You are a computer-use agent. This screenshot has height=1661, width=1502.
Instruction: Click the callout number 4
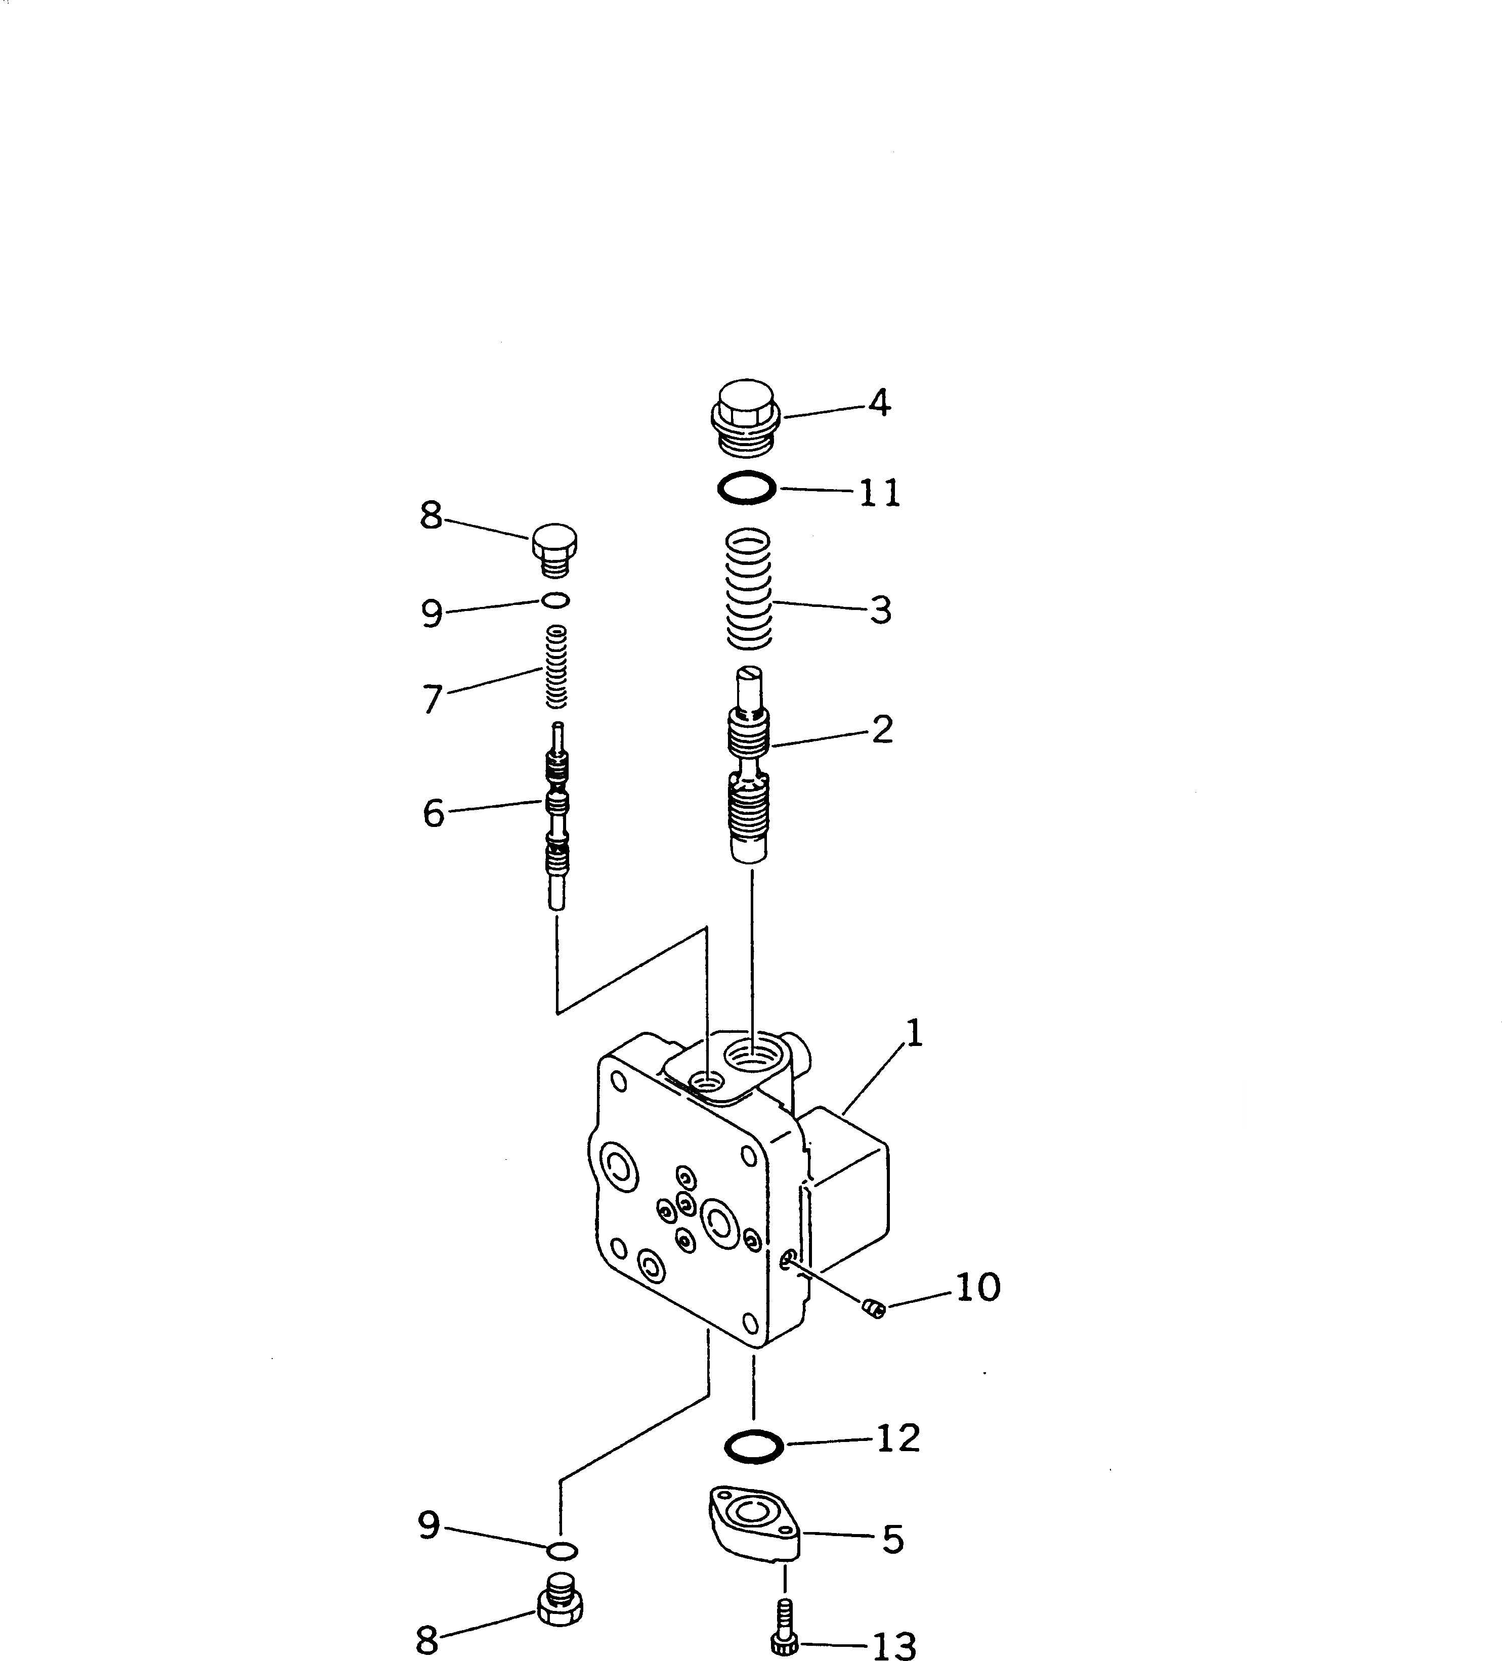pyautogui.click(x=879, y=404)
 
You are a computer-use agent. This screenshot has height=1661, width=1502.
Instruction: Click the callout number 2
pyautogui.click(x=882, y=729)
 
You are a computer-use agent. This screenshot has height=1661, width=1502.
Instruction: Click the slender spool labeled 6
pyautogui.click(x=557, y=816)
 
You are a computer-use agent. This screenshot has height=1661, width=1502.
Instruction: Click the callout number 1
pyautogui.click(x=913, y=1033)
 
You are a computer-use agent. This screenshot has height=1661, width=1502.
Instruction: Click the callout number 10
pyautogui.click(x=978, y=1287)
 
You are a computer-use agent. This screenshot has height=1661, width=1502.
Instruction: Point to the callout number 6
pyautogui.click(x=434, y=813)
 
